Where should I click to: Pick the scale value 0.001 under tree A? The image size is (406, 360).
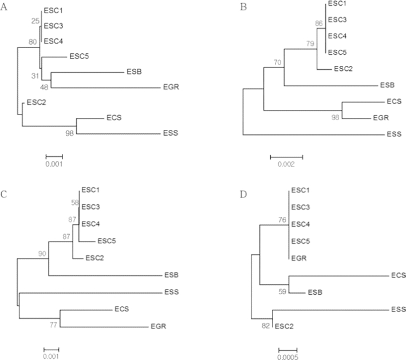(x=54, y=164)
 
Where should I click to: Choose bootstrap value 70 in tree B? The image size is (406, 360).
(x=278, y=62)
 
